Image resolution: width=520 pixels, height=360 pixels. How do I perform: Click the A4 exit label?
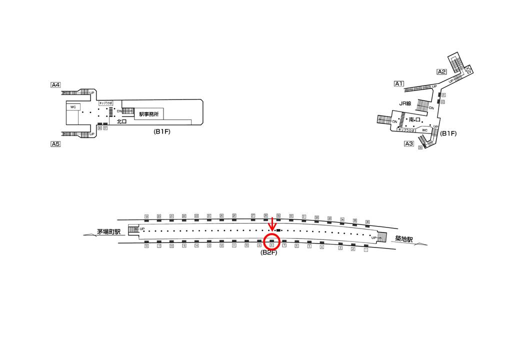[55, 85]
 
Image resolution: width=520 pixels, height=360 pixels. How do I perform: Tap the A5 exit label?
[55, 144]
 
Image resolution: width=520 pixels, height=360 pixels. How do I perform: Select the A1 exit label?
[399, 83]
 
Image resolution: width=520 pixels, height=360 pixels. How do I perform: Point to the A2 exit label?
[441, 71]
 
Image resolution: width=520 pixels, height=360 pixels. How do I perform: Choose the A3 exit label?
[409, 144]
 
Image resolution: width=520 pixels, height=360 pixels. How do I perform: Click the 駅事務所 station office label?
[148, 114]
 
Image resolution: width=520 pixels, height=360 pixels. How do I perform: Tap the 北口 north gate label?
[122, 121]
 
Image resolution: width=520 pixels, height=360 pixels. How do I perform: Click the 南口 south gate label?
[414, 119]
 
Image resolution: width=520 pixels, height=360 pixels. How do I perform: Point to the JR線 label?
[405, 103]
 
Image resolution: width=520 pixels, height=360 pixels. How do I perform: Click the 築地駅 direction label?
[403, 240]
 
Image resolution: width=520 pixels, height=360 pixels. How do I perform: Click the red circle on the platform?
[271, 241]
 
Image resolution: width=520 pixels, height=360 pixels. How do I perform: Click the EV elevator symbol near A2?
[469, 71]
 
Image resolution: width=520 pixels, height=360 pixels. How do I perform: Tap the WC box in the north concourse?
[73, 107]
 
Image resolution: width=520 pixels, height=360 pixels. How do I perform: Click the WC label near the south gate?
[424, 130]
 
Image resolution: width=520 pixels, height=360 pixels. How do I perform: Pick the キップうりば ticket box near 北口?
[106, 102]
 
